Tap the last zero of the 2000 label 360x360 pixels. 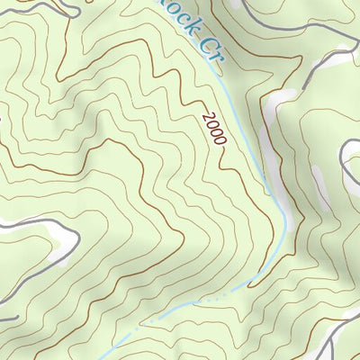221,141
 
